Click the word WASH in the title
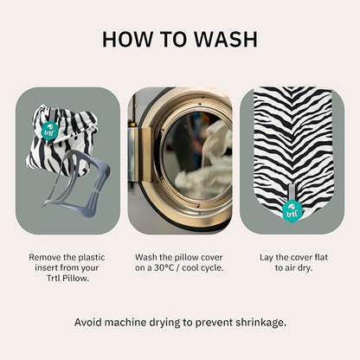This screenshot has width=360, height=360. tap(225, 39)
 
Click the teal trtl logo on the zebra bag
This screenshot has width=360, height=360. tap(48, 131)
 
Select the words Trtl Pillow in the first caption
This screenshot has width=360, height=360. tap(67, 279)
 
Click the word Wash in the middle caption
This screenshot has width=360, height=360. tap(145, 257)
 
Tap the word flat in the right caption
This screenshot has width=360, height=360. tap(320, 257)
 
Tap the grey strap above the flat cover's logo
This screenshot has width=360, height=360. tap(292, 192)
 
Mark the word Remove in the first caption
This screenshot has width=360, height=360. tap(45, 257)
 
